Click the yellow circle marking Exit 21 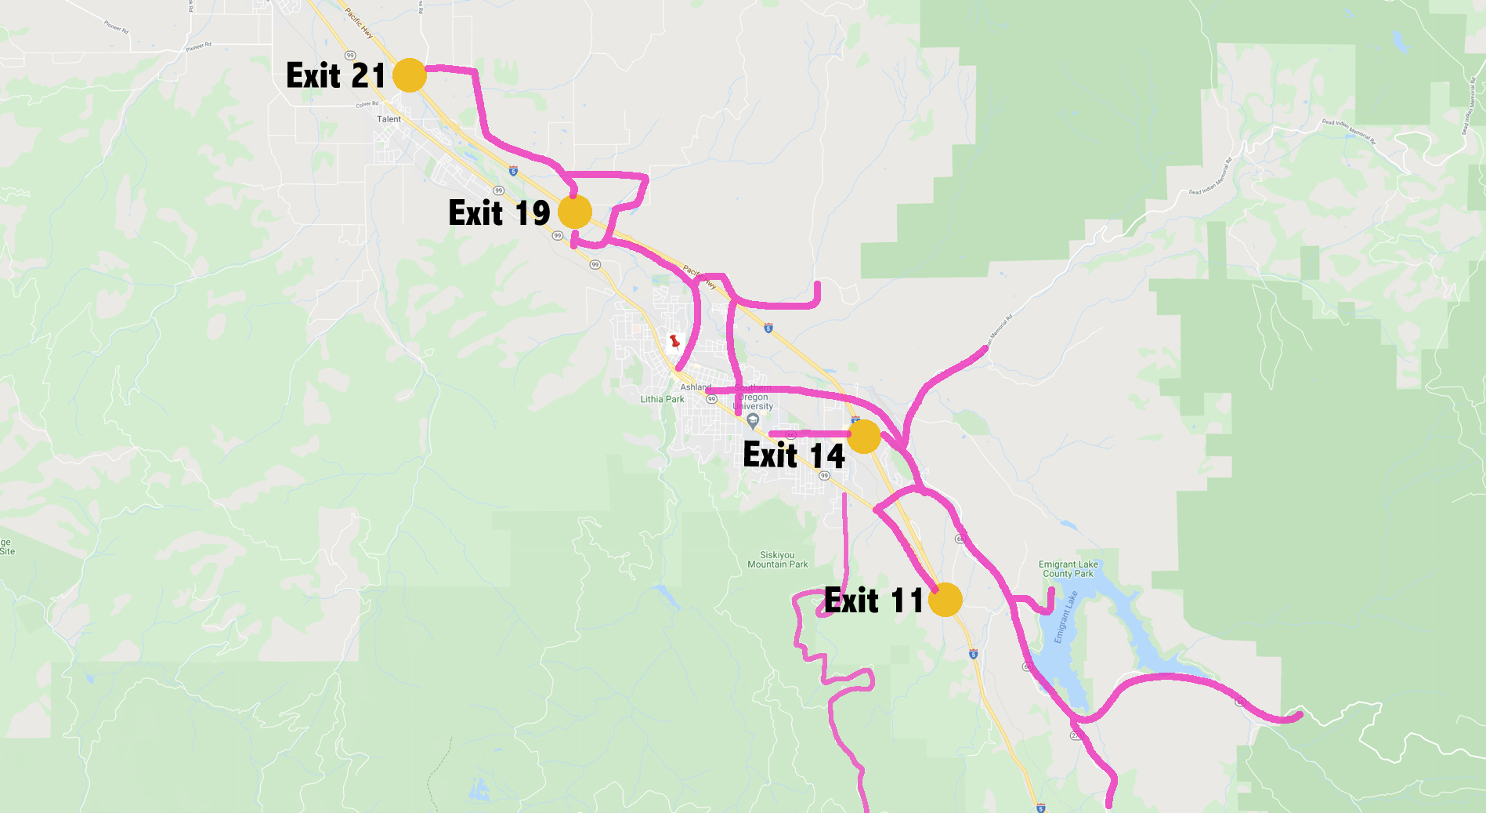[409, 75]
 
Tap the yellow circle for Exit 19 [575, 212]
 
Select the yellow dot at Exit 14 [864, 437]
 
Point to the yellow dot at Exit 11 [945, 600]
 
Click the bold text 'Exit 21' [335, 76]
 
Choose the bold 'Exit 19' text [499, 213]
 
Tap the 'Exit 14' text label [794, 455]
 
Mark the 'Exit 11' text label [874, 601]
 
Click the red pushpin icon [674, 342]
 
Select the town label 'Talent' [389, 119]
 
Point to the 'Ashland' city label [696, 387]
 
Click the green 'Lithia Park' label [662, 399]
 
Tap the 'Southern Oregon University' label [754, 397]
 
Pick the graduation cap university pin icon [753, 421]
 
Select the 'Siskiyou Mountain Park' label [777, 560]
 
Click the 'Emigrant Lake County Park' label [1068, 569]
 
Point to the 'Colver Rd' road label [367, 104]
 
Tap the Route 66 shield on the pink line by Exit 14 [791, 434]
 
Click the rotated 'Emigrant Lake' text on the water [1065, 617]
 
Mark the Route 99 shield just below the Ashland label [711, 399]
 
